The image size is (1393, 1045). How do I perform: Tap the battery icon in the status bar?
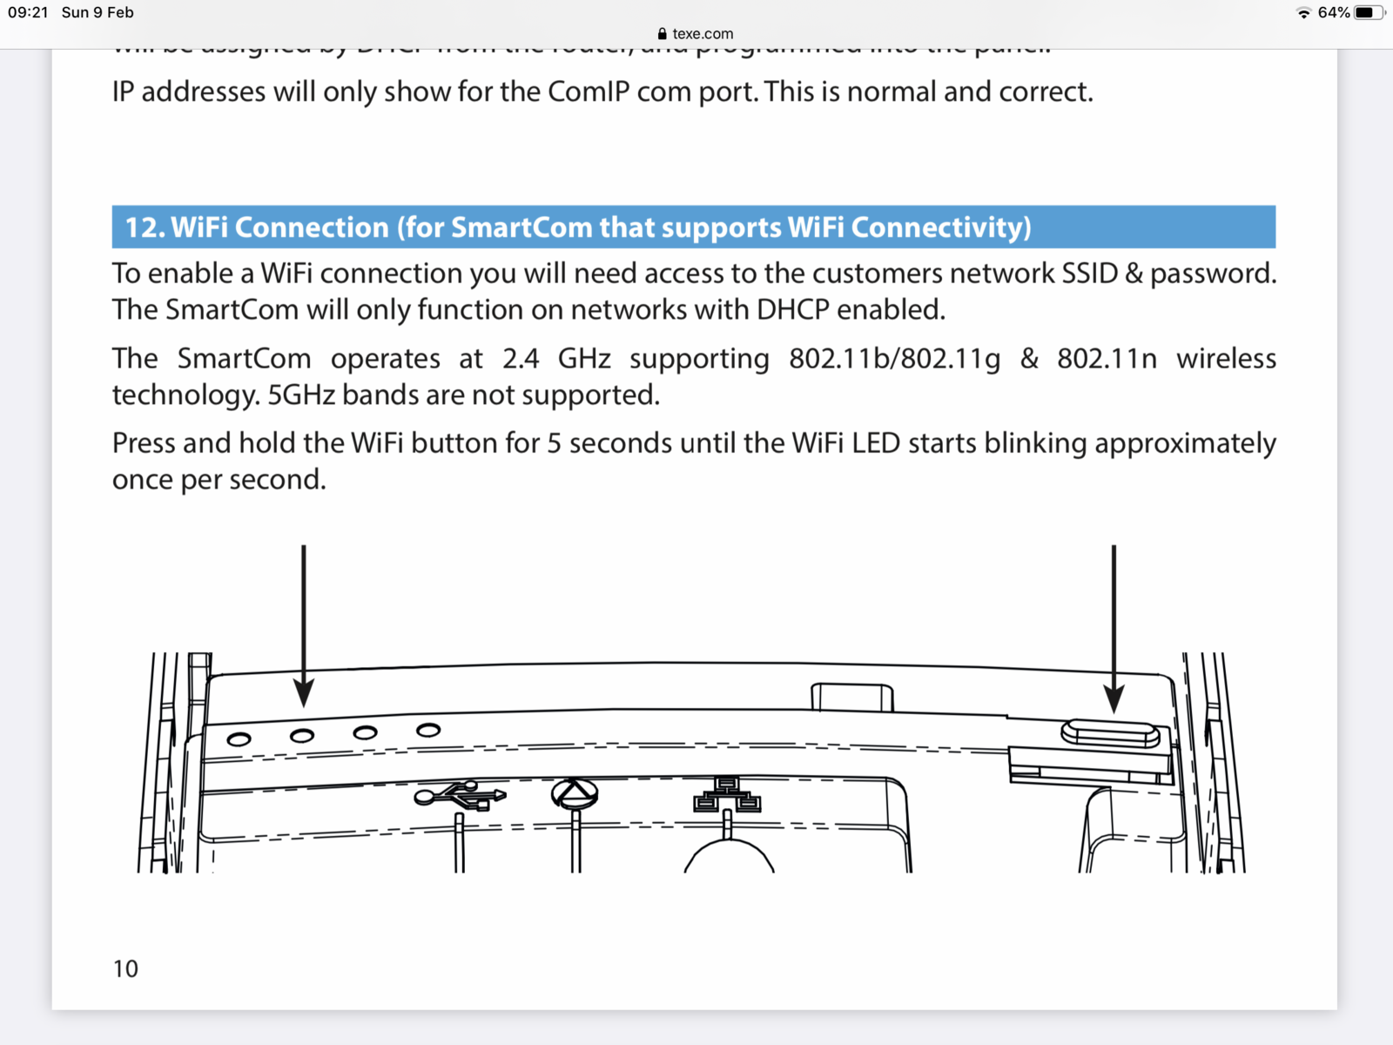(1369, 12)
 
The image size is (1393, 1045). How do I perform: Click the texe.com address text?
(703, 34)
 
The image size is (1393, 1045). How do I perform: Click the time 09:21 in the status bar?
(28, 12)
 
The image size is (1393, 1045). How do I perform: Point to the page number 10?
(125, 968)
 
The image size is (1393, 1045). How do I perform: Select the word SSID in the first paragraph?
(1089, 273)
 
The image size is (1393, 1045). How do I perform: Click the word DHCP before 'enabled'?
(792, 310)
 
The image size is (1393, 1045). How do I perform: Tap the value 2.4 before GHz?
(521, 359)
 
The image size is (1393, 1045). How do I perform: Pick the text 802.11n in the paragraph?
(1107, 359)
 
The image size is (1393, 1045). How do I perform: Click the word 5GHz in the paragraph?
(301, 395)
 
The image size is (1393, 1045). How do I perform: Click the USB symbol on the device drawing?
(460, 795)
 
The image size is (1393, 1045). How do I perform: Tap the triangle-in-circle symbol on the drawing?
(575, 793)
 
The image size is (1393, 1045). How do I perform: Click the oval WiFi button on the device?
(1110, 733)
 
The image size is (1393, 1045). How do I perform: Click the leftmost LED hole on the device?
(239, 739)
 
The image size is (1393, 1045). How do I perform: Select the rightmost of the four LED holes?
(428, 730)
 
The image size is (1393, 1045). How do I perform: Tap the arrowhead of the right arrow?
(1114, 698)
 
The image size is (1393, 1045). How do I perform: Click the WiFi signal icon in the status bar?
(1303, 12)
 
